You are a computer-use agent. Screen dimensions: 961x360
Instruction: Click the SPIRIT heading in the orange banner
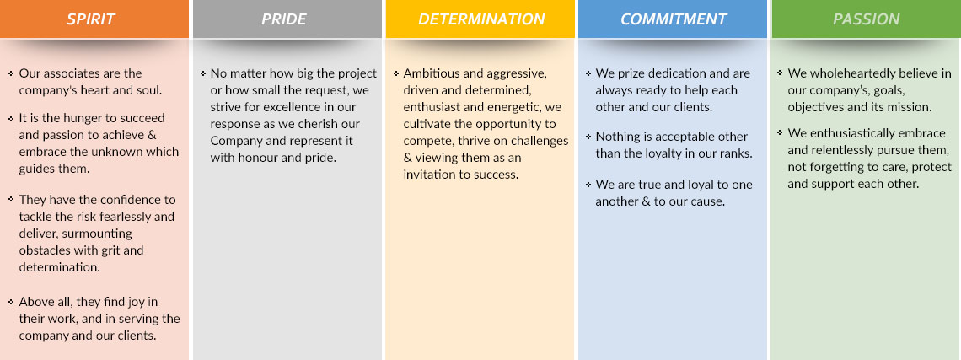[x=91, y=19]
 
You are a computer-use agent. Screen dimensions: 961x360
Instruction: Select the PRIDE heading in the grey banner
[x=284, y=19]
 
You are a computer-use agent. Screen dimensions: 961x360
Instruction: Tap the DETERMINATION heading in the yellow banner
[x=481, y=19]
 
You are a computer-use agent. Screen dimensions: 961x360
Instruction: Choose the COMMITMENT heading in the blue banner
[x=674, y=19]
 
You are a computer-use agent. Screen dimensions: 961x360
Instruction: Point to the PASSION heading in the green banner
[x=866, y=19]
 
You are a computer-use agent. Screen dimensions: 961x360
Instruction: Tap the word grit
[x=113, y=250]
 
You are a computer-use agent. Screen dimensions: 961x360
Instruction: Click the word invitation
[x=429, y=175]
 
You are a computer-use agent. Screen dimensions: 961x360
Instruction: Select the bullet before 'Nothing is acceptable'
[x=588, y=136]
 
